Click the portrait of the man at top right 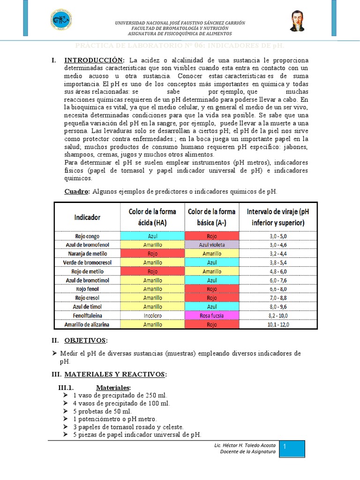pyautogui.click(x=297, y=22)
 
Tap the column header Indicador pyautogui.click(x=87, y=217)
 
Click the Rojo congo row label pyautogui.click(x=87, y=236)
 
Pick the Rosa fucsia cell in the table pyautogui.click(x=212, y=316)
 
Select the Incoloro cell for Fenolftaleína pyautogui.click(x=153, y=316)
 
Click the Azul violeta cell pyautogui.click(x=212, y=245)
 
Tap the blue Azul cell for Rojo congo pyautogui.click(x=153, y=236)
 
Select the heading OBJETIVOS pyautogui.click(x=85, y=339)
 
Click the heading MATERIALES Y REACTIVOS pyautogui.click(x=115, y=374)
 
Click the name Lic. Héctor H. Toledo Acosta pyautogui.click(x=244, y=444)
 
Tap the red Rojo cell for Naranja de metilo pyautogui.click(x=153, y=254)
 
